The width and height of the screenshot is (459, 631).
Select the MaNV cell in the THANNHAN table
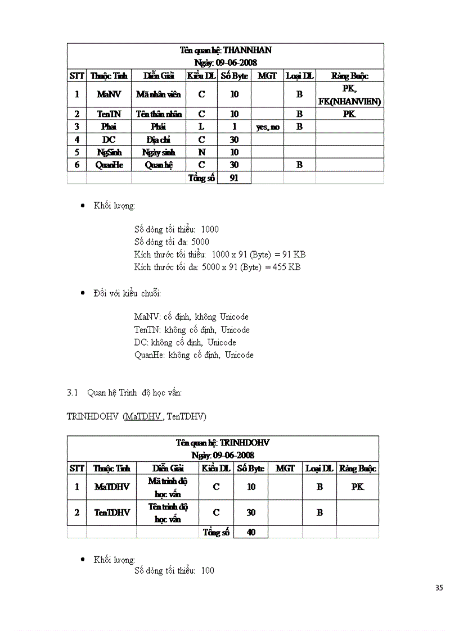[109, 94]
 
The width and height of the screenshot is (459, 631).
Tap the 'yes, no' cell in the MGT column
[267, 127]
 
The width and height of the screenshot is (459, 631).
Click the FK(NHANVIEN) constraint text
[349, 102]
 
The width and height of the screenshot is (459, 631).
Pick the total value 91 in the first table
[234, 178]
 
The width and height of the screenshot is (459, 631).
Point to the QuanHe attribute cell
[109, 165]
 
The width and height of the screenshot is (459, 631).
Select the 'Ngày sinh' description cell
[159, 152]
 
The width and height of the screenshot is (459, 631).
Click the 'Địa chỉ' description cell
[159, 139]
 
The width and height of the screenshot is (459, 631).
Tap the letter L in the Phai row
[201, 126]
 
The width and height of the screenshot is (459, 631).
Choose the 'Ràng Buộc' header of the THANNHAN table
[349, 76]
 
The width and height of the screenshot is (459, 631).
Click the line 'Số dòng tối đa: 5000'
[172, 242]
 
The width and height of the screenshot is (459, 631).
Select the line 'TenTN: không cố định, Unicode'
[192, 330]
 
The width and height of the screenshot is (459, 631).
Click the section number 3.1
[71, 393]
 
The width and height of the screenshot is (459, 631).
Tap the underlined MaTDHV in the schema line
[143, 416]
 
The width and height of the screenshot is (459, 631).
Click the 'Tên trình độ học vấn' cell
[168, 512]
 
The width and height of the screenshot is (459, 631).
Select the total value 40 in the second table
[251, 532]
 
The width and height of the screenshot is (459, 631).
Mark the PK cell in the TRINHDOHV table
[358, 487]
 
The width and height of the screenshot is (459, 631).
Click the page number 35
[439, 588]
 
